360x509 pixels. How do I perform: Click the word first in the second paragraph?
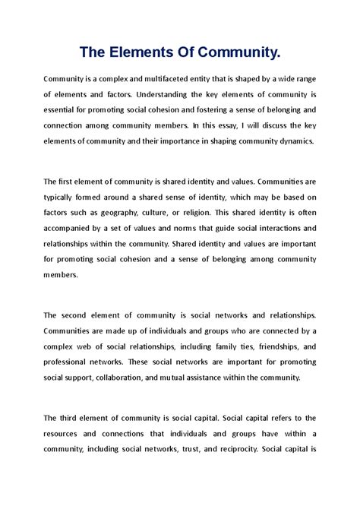(71, 182)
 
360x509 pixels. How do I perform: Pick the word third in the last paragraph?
(74, 418)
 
